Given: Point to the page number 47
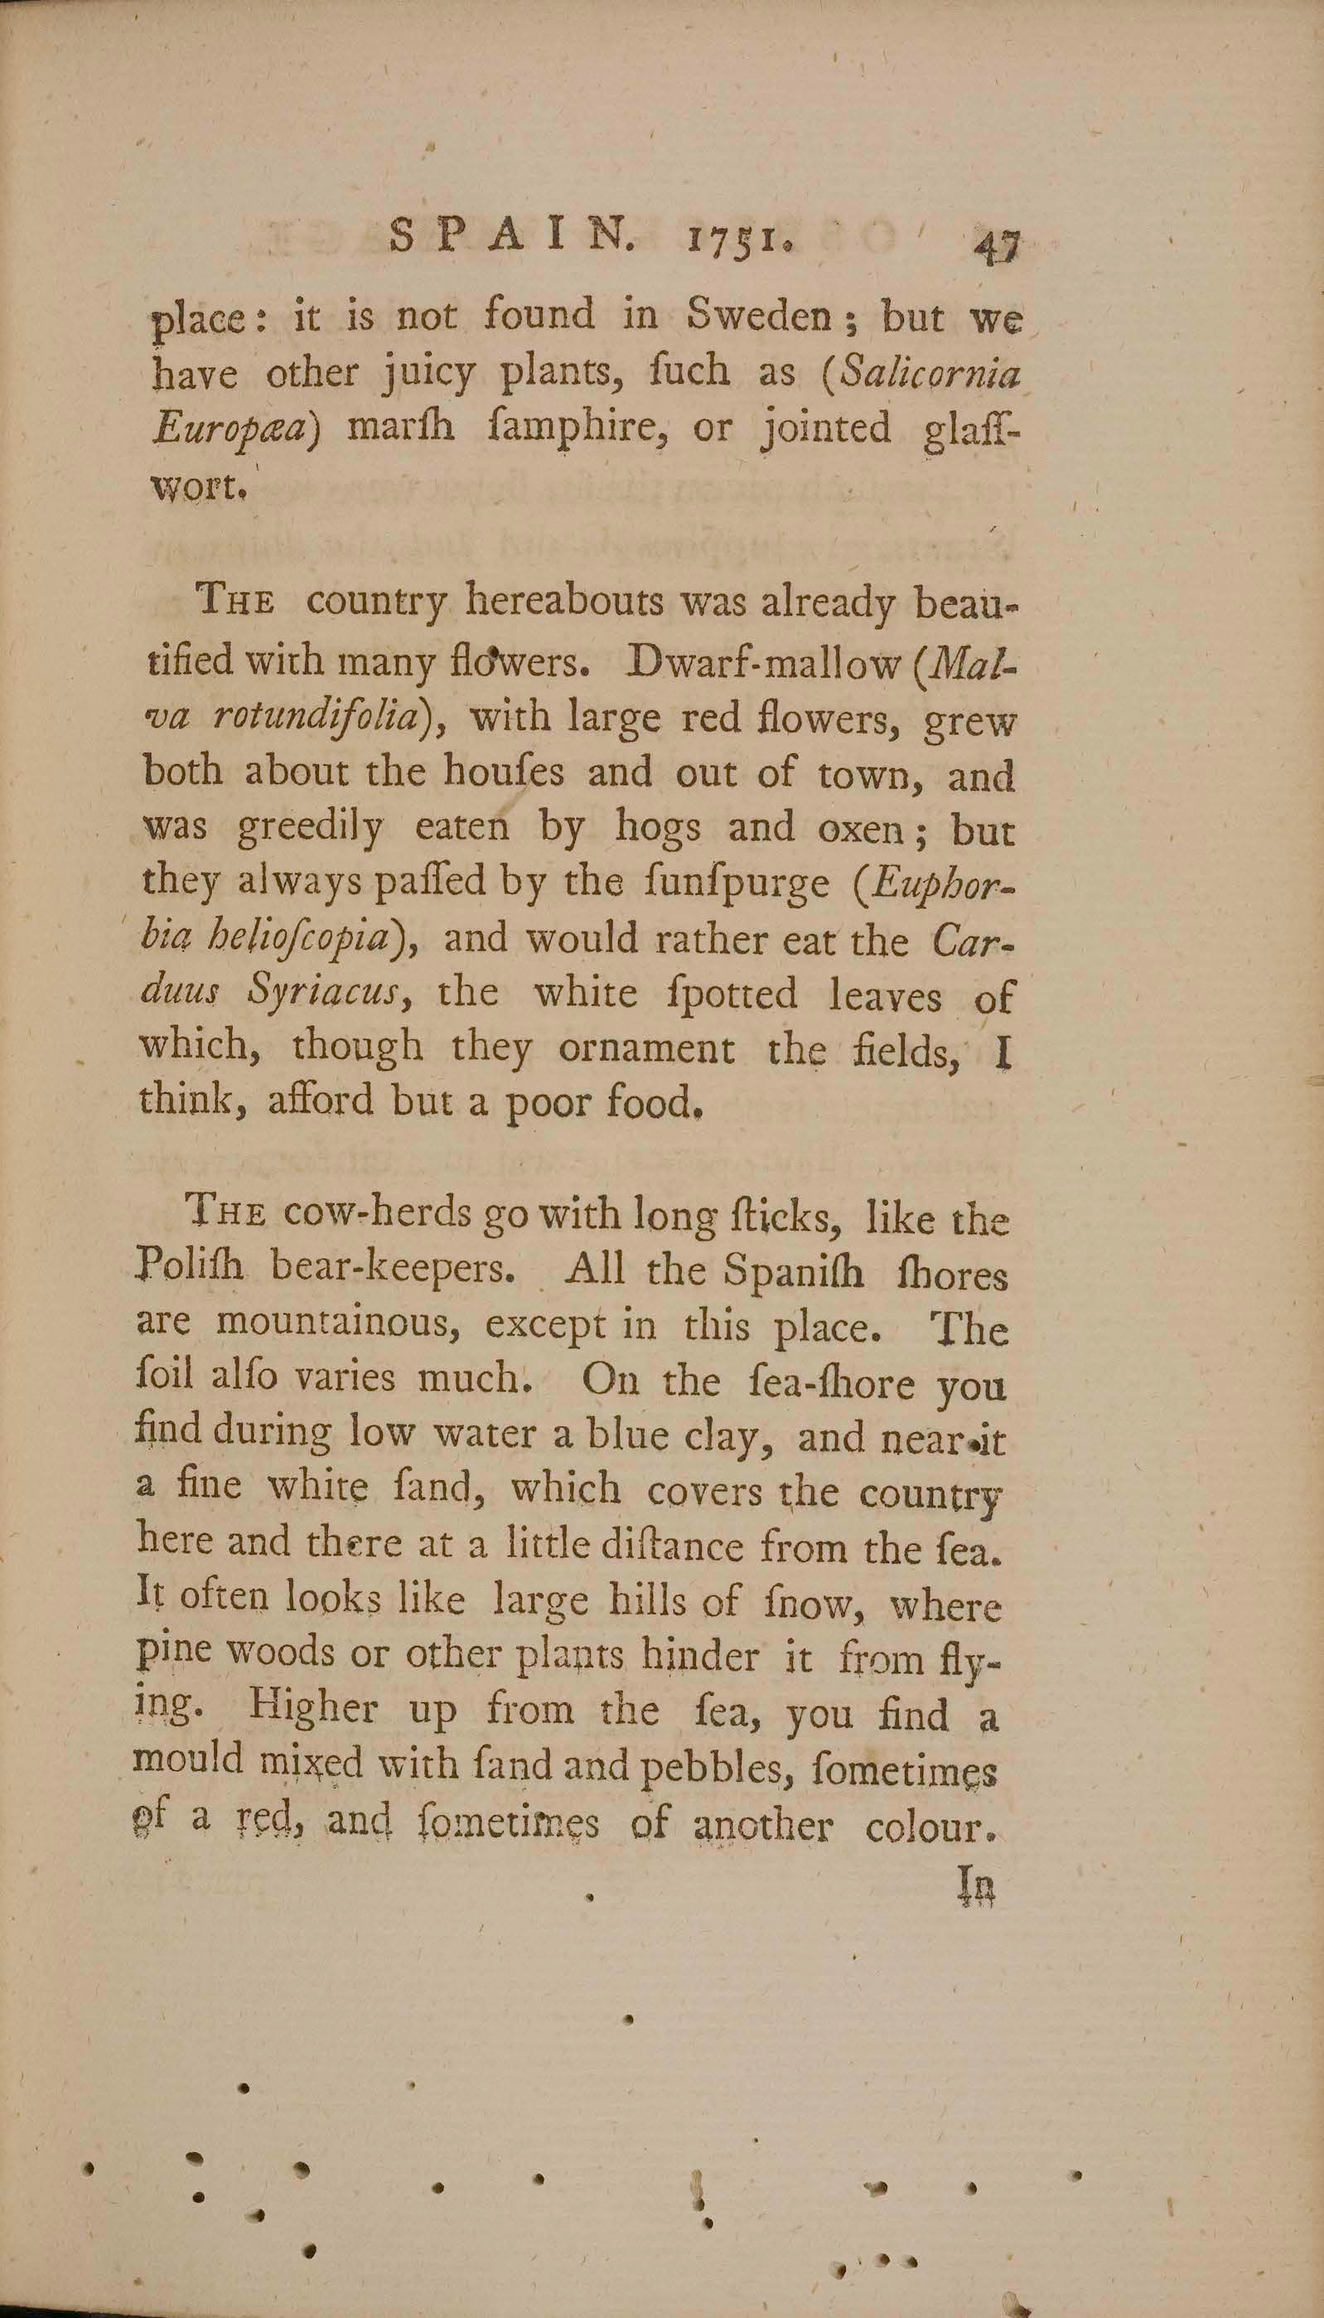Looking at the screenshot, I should (x=998, y=245).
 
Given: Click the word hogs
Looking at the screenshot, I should (x=658, y=826).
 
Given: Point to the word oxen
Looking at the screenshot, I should (x=865, y=829).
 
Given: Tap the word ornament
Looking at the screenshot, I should (x=645, y=1048).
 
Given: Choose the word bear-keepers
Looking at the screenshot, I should (x=392, y=1268).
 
